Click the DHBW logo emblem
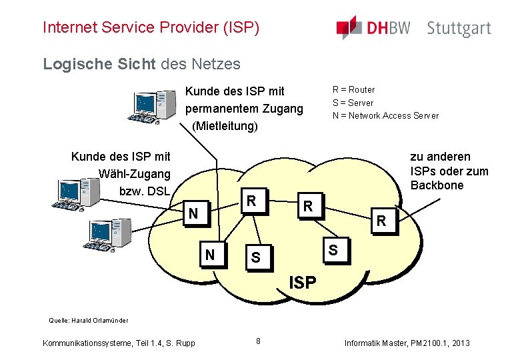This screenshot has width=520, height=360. click(x=349, y=27)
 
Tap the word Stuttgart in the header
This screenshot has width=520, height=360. click(x=459, y=29)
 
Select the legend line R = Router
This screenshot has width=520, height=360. click(x=353, y=89)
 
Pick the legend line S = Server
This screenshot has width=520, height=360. click(x=353, y=103)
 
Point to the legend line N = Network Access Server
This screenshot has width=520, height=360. click(x=385, y=115)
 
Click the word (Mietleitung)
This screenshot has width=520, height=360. click(x=224, y=125)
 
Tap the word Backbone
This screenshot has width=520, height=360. click(x=437, y=185)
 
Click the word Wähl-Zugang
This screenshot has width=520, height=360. click(x=135, y=174)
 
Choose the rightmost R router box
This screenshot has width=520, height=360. click(x=381, y=220)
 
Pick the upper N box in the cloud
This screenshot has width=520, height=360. click(x=193, y=213)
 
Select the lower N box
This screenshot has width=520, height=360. click(x=211, y=254)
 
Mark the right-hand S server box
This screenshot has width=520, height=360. click(x=333, y=250)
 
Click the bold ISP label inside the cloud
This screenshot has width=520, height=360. click(x=302, y=282)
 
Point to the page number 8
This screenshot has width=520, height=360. click(x=259, y=341)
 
